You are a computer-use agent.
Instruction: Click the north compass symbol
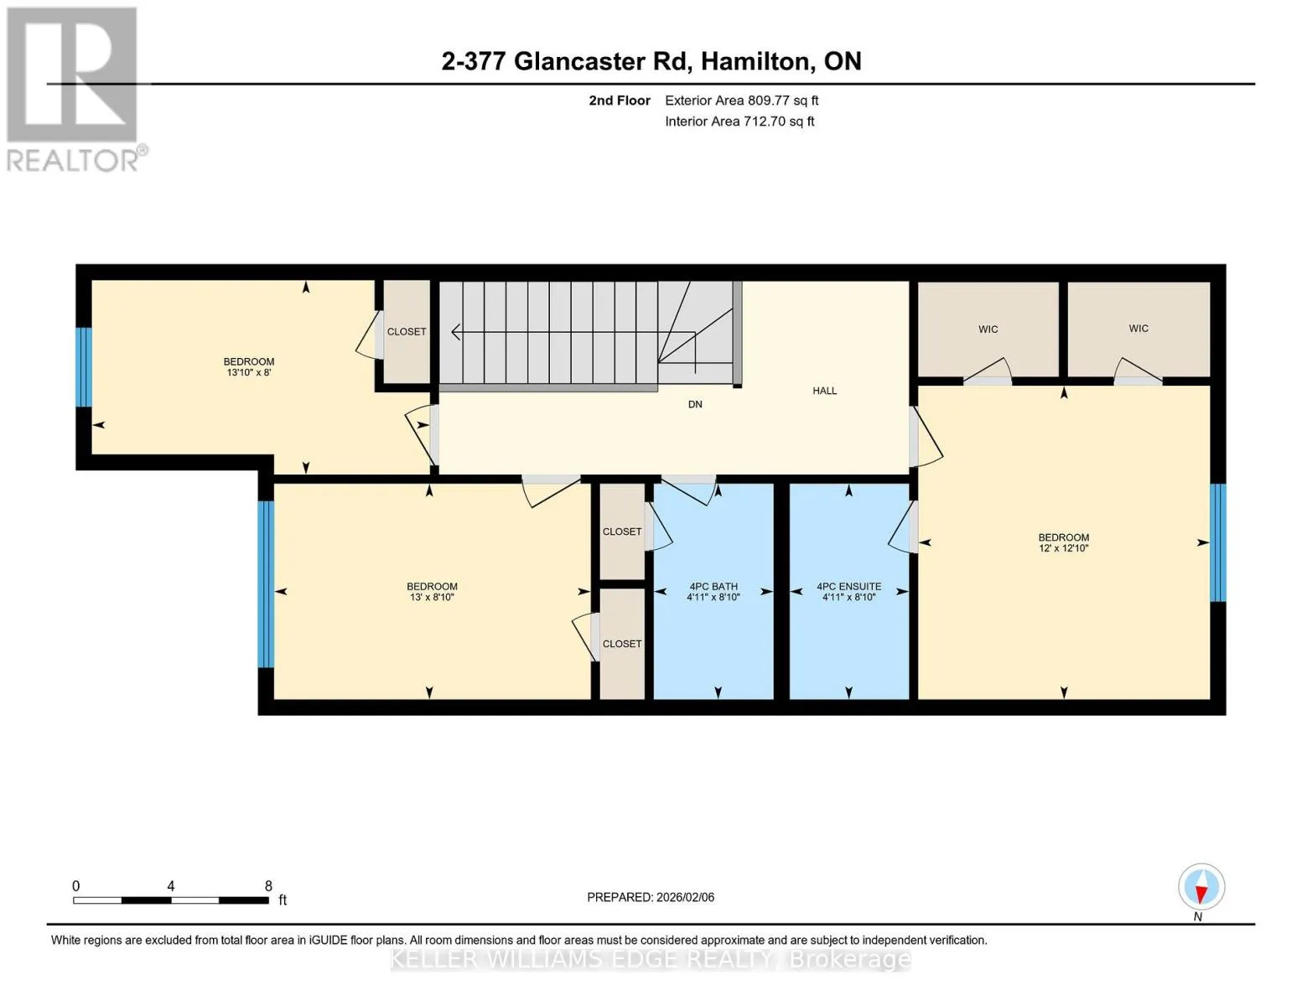pos(1201,887)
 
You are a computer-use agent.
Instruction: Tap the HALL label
pos(824,391)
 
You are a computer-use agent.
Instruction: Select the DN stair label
pos(695,404)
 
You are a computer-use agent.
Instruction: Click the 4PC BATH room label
pos(713,587)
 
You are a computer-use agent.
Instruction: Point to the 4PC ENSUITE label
pos(848,587)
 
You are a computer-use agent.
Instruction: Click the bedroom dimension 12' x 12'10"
pos(1064,548)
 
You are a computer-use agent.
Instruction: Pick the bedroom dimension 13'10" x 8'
pos(249,372)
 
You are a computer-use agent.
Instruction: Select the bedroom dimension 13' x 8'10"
pos(432,598)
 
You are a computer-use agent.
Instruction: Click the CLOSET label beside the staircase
pos(407,331)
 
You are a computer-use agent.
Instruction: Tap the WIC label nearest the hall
pos(988,329)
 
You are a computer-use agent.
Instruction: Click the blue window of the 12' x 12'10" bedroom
pos(1217,542)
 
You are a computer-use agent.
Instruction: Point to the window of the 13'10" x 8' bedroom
pos(84,367)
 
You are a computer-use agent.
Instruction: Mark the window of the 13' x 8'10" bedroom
pos(266,584)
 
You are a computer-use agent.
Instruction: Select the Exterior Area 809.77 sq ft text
pos(741,101)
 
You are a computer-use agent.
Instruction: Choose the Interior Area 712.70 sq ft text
pos(739,122)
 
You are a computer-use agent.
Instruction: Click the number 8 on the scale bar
pos(267,885)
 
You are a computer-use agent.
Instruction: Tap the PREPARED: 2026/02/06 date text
pos(650,897)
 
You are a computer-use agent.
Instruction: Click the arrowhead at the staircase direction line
pos(455,332)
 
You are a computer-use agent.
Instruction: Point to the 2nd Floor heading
pos(619,101)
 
